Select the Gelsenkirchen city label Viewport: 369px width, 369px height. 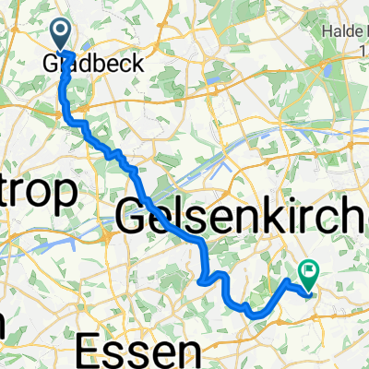click(x=244, y=217)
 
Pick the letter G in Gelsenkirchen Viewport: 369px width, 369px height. click(x=134, y=217)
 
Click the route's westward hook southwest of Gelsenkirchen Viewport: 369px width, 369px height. click(x=203, y=279)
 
